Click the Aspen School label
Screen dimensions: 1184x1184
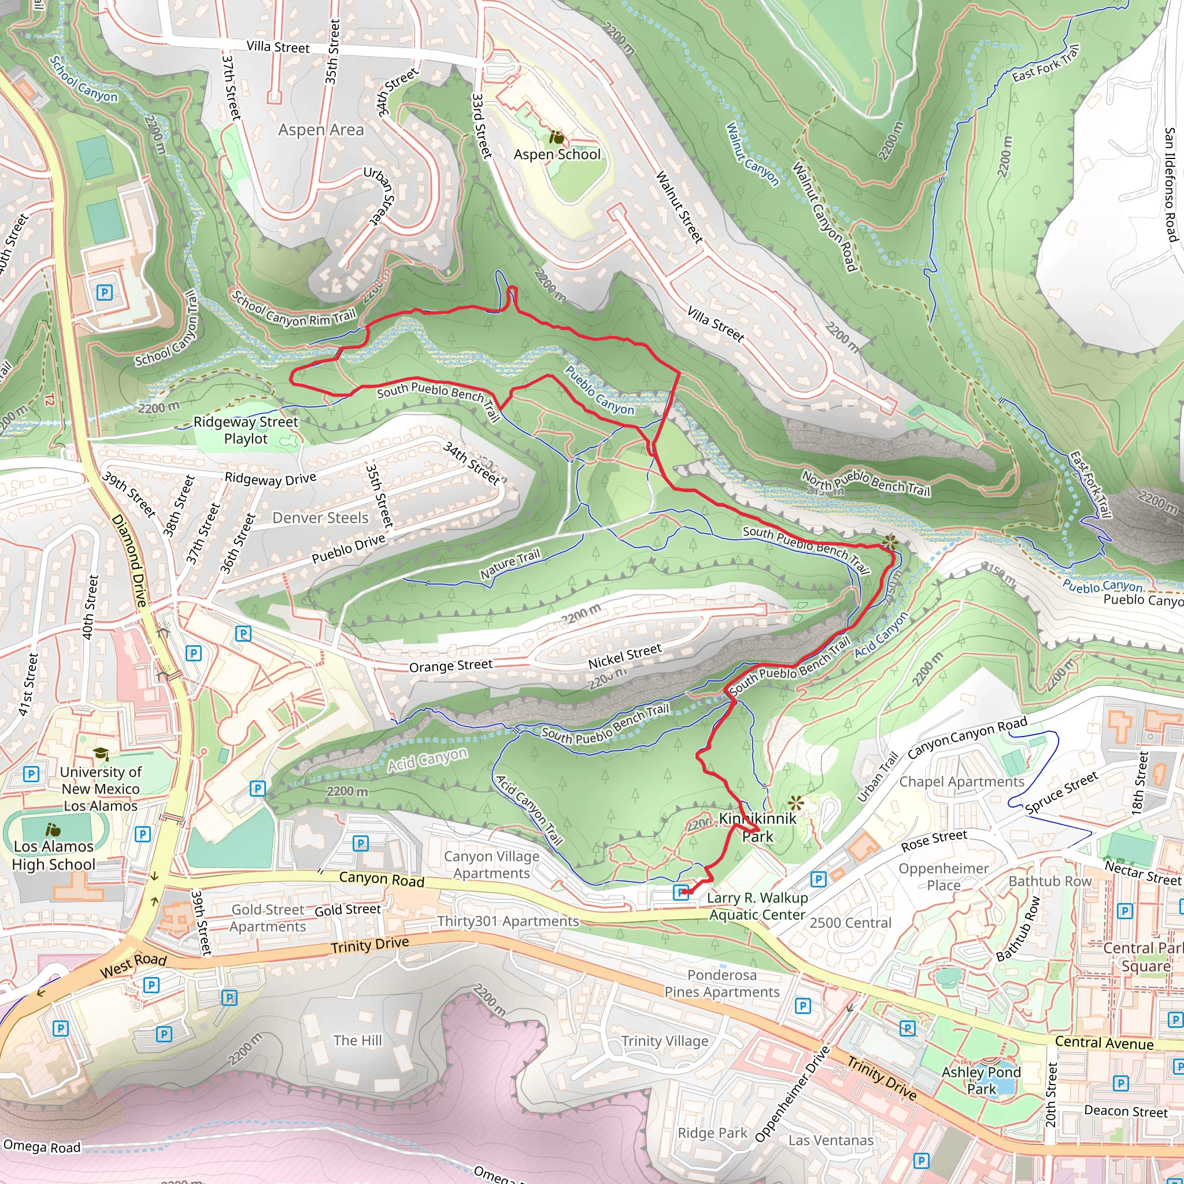[557, 154]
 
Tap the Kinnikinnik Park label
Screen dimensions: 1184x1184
[758, 827]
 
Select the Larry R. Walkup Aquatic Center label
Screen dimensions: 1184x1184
[757, 906]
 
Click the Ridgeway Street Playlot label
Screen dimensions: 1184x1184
[246, 430]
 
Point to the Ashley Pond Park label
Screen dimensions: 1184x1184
[981, 1081]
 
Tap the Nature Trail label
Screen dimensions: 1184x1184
[510, 564]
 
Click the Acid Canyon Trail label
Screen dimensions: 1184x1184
[529, 810]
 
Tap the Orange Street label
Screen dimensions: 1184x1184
[450, 665]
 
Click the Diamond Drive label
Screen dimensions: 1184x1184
[130, 561]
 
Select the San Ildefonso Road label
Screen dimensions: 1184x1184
[1171, 184]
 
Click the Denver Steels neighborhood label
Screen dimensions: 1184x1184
[320, 518]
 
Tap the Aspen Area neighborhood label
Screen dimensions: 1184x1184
[320, 130]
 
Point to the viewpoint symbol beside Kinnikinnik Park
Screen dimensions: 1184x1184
[796, 802]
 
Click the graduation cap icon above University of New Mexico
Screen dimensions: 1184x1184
[101, 754]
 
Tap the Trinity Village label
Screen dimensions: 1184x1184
[664, 1041]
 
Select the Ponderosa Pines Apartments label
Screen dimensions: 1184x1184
[722, 983]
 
